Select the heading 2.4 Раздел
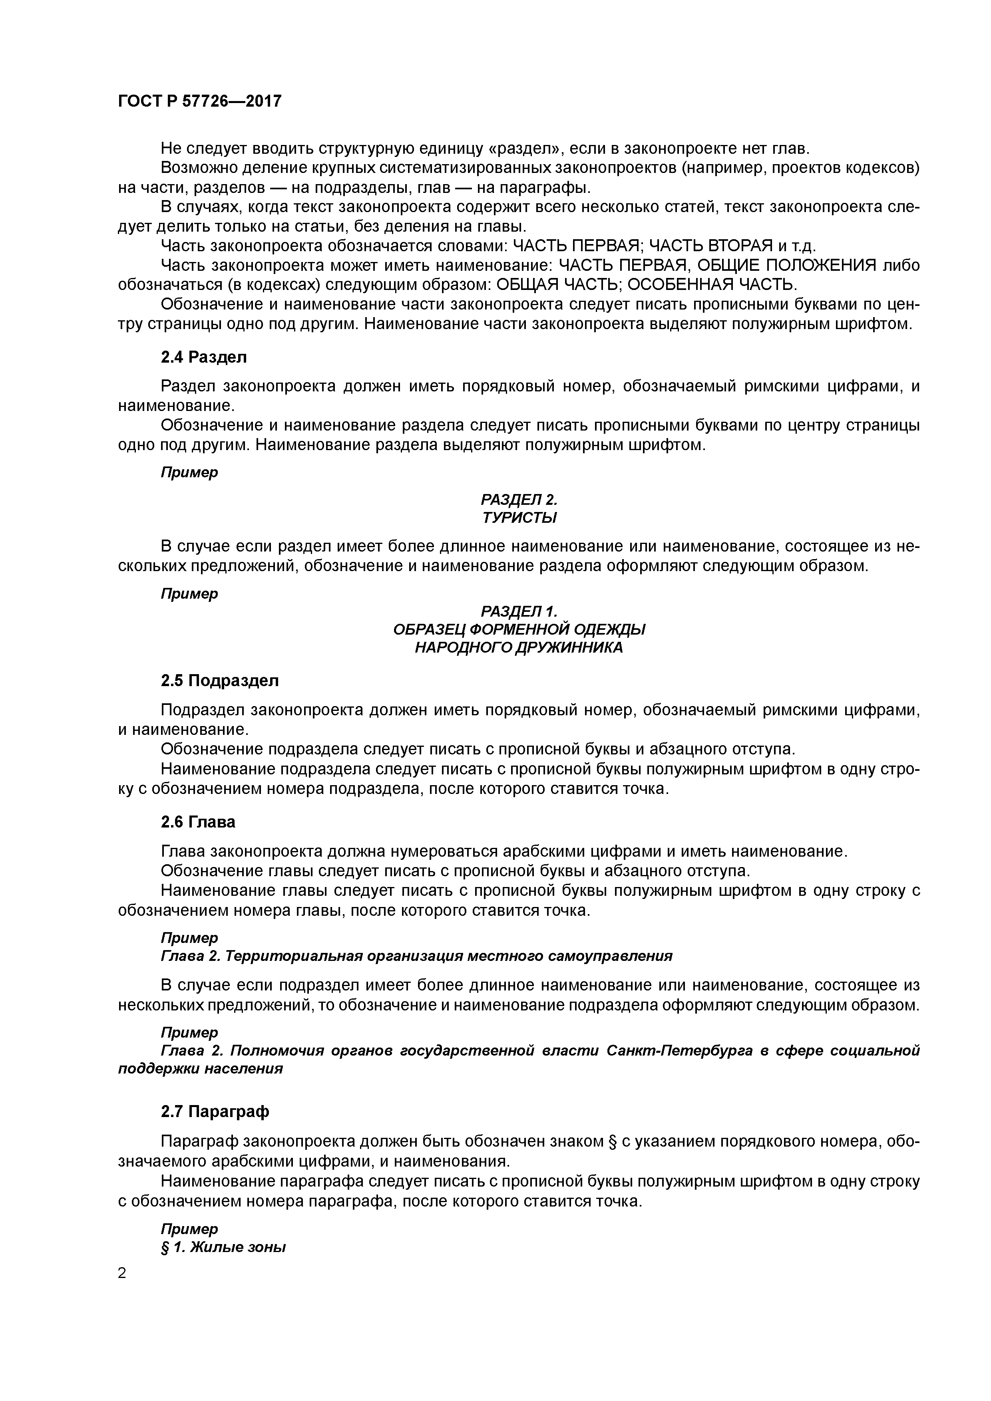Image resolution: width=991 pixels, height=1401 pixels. coord(204,357)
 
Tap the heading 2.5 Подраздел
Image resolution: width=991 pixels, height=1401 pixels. coord(220,681)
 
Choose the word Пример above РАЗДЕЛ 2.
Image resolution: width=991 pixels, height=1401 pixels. coord(189,472)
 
